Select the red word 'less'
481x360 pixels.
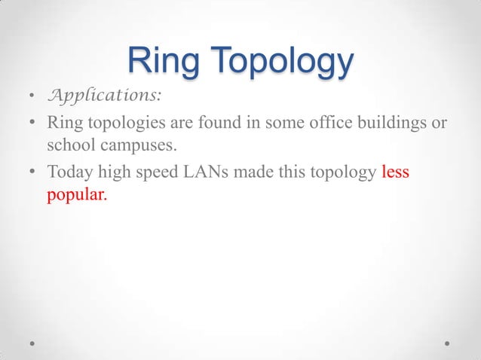pyautogui.click(x=395, y=172)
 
